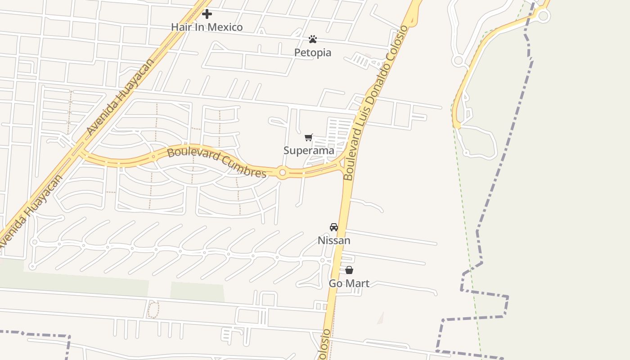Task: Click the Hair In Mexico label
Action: point(207,27)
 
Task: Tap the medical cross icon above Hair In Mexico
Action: point(207,14)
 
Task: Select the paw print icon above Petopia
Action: point(313,40)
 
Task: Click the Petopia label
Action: point(313,53)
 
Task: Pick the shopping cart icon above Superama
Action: point(309,138)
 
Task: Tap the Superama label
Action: point(309,151)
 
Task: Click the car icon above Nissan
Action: point(334,227)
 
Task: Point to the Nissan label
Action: point(334,241)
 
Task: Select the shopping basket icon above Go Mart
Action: point(349,270)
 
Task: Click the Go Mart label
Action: point(349,283)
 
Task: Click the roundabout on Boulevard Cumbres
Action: point(282,172)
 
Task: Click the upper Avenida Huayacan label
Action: point(120,97)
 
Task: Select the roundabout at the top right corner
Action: point(543,16)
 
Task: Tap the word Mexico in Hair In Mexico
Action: point(225,27)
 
